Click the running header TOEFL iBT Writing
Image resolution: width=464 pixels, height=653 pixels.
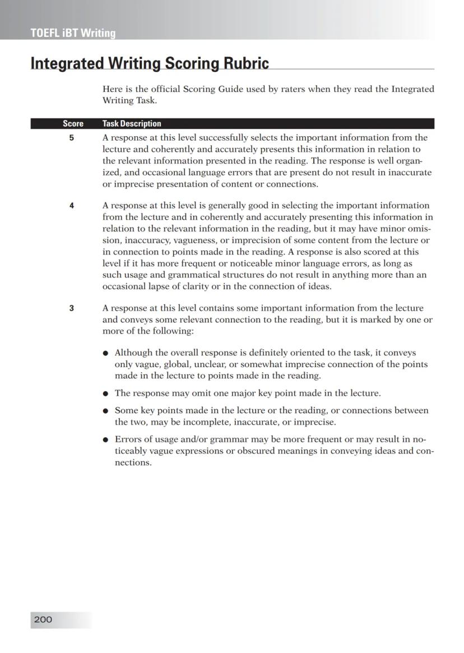point(73,33)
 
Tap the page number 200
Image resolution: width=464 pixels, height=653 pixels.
point(43,619)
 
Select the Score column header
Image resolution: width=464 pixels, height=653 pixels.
point(73,124)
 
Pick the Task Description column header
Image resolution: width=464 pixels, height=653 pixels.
point(132,124)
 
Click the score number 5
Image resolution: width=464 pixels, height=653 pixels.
point(72,137)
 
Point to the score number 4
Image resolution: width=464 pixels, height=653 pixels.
point(72,206)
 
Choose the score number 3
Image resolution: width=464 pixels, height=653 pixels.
point(72,308)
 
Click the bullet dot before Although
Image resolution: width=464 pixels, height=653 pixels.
point(106,353)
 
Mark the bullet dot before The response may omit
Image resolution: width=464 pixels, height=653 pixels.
point(106,393)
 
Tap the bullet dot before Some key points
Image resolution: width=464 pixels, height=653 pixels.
point(106,411)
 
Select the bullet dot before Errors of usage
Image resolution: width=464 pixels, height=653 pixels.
point(106,440)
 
